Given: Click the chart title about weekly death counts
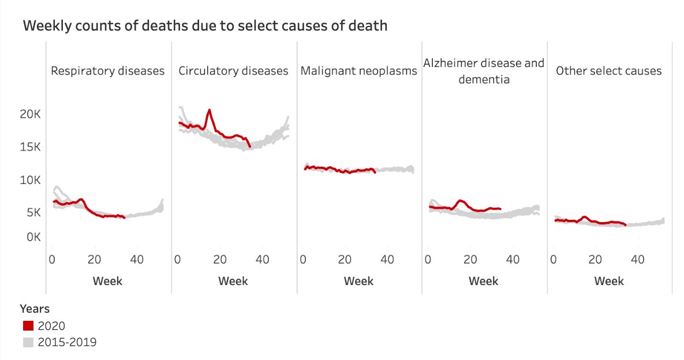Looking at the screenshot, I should (205, 26).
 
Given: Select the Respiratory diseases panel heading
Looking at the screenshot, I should (108, 71).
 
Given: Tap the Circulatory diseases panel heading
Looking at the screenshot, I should (233, 71).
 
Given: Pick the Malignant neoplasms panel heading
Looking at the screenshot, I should (358, 71).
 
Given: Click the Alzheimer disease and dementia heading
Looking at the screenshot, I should (484, 71).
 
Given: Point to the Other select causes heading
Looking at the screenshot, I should (609, 71).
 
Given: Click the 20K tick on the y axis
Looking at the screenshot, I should (29, 114).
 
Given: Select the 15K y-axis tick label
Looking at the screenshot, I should (29, 147).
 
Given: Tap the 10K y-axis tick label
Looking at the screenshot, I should (29, 180).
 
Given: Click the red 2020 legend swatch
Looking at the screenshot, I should (28, 326).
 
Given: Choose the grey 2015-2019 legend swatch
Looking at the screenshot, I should (28, 342).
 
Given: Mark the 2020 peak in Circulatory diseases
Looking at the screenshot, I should (210, 110).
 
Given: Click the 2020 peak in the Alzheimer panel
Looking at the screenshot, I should (460, 201).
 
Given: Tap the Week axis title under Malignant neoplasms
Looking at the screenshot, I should (358, 282).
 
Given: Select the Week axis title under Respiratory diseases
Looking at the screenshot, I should (108, 282).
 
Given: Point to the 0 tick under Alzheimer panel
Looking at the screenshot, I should (428, 260).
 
